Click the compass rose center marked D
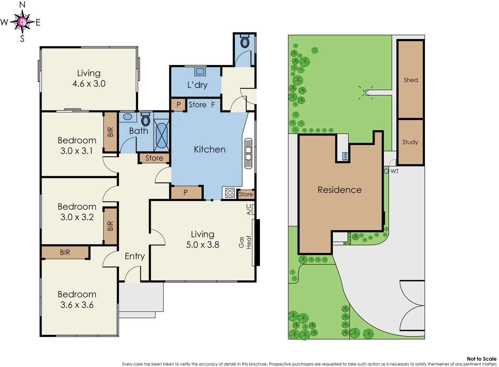[22, 22]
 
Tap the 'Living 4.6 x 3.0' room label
[89, 78]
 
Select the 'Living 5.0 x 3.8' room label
[202, 240]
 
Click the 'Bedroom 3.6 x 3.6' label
[77, 299]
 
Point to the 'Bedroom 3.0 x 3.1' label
[77, 145]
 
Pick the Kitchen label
[210, 150]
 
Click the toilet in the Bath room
[146, 120]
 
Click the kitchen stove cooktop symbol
[230, 193]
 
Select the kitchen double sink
[248, 153]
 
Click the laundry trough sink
[200, 71]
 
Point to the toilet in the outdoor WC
[245, 42]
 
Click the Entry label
[135, 256]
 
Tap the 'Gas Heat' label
[245, 242]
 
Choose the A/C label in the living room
[249, 209]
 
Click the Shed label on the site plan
[411, 80]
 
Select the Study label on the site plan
[410, 142]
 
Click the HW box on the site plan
[345, 156]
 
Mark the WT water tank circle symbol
[386, 171]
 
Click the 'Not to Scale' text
[481, 359]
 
